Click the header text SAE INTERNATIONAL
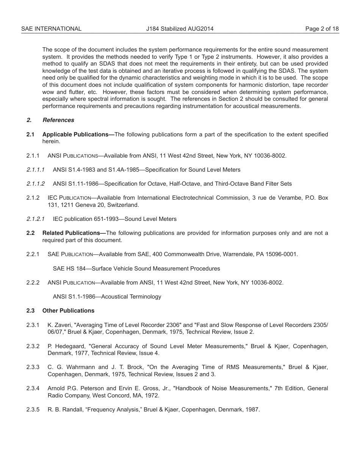(x=51, y=29)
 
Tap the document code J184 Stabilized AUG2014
(x=180, y=29)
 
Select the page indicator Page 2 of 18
(x=322, y=29)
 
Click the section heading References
(x=58, y=120)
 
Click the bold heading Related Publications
(x=74, y=233)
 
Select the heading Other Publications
(x=68, y=311)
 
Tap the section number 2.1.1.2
(x=36, y=184)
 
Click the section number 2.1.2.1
(x=36, y=219)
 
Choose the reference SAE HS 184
(x=69, y=269)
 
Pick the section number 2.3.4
(x=33, y=388)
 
